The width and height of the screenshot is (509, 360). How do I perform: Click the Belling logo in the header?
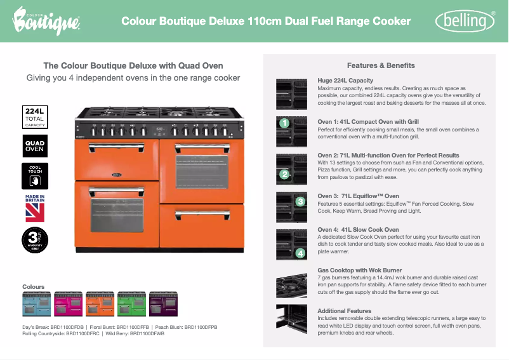tap(465, 22)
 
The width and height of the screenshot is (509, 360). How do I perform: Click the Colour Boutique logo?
tap(46, 22)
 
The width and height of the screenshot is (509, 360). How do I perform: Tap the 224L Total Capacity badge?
tap(34, 117)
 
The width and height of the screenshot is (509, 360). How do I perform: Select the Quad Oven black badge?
tap(34, 146)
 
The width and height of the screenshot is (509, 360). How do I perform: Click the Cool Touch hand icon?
tap(34, 177)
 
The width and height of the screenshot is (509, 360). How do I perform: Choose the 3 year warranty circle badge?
tap(34, 241)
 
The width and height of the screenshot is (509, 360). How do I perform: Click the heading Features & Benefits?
tap(381, 65)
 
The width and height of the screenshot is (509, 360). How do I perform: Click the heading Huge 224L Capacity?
tap(345, 81)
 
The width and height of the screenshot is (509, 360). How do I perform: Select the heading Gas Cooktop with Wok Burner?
tap(360, 270)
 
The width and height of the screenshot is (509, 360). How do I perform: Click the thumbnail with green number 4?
tap(292, 244)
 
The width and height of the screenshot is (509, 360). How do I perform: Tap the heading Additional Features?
tap(345, 310)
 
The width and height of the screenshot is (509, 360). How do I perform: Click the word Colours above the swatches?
tap(34, 287)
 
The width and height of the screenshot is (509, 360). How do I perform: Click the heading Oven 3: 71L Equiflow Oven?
tap(358, 196)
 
